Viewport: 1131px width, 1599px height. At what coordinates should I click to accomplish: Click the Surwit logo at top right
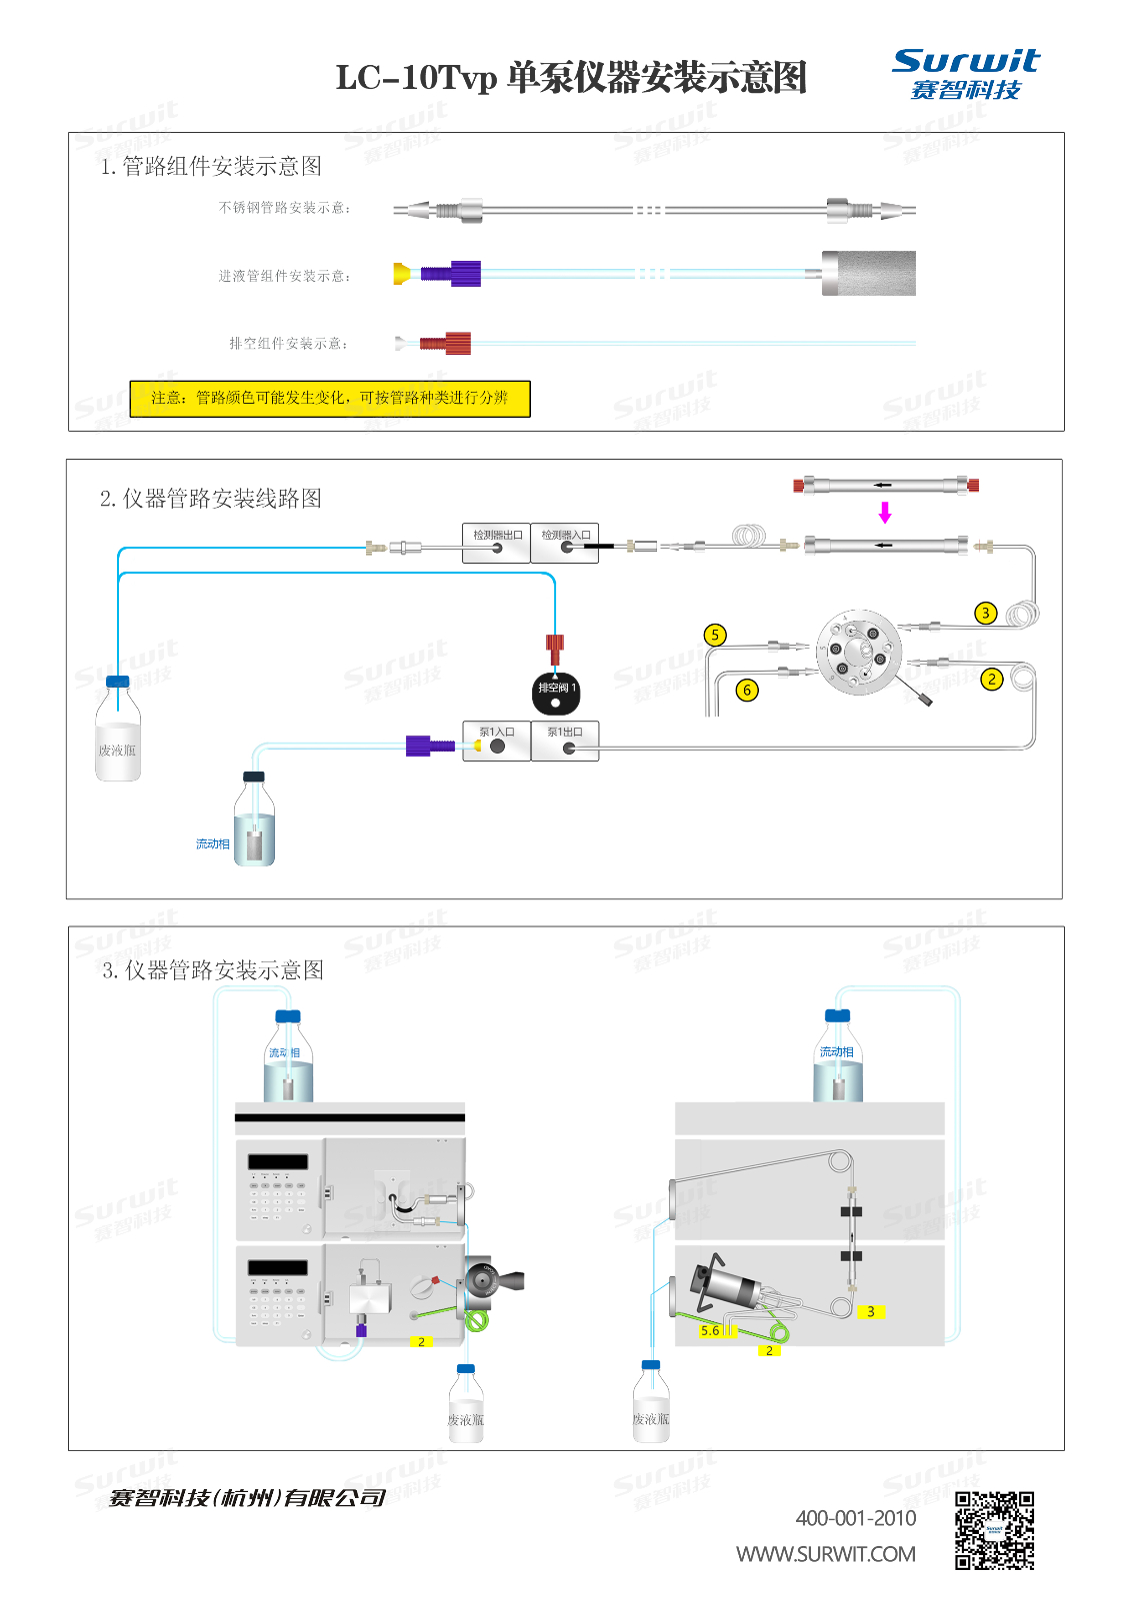click(x=965, y=74)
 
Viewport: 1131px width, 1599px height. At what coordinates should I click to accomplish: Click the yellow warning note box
click(x=330, y=398)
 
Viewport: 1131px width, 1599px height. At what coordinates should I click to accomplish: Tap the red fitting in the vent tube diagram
click(x=446, y=344)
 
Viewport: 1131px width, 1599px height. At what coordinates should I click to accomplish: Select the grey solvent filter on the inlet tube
click(x=868, y=273)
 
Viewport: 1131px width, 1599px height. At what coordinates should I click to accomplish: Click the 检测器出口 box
click(x=496, y=543)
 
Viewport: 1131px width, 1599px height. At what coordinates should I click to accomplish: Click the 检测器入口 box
click(x=565, y=543)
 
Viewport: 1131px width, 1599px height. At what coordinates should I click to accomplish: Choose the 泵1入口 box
click(x=496, y=741)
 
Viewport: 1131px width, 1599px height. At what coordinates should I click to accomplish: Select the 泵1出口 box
click(x=565, y=741)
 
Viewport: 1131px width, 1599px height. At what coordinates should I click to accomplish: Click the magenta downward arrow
click(x=885, y=513)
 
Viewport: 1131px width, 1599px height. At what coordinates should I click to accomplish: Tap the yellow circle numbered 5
click(x=714, y=635)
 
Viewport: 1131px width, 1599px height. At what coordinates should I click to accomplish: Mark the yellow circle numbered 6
click(x=746, y=690)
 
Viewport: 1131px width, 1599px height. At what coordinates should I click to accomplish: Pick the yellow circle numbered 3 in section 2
click(x=985, y=613)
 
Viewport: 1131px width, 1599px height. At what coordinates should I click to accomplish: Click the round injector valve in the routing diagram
click(x=858, y=652)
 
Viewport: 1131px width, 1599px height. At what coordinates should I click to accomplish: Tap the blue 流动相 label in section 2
click(x=212, y=844)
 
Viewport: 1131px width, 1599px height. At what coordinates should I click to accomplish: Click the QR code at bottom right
click(x=994, y=1531)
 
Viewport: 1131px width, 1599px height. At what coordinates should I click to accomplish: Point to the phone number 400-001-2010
click(x=856, y=1518)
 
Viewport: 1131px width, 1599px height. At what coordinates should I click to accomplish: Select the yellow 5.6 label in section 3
click(x=710, y=1330)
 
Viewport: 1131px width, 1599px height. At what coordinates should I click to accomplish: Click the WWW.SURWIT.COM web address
click(x=826, y=1554)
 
